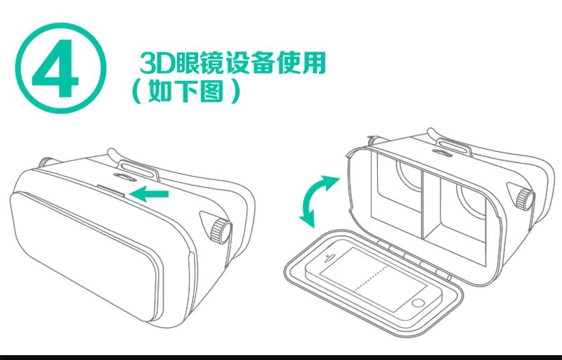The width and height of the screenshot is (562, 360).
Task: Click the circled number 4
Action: pyautogui.click(x=61, y=68)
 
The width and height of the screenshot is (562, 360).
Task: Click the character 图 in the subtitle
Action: pyautogui.click(x=212, y=91)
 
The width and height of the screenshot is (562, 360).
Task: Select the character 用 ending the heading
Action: pyautogui.click(x=314, y=63)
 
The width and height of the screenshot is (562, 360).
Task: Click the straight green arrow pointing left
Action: pyautogui.click(x=149, y=194)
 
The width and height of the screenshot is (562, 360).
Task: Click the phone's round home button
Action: pyautogui.click(x=418, y=303)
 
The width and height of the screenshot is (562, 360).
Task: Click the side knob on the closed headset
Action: pyautogui.click(x=220, y=230)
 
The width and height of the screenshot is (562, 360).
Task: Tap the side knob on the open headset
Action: pyautogui.click(x=525, y=200)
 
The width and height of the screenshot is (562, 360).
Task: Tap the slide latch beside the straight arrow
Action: pyautogui.click(x=111, y=190)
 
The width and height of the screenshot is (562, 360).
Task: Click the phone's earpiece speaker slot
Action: pyautogui.click(x=330, y=257)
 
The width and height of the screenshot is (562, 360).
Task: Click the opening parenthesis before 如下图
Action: pyautogui.click(x=136, y=92)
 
